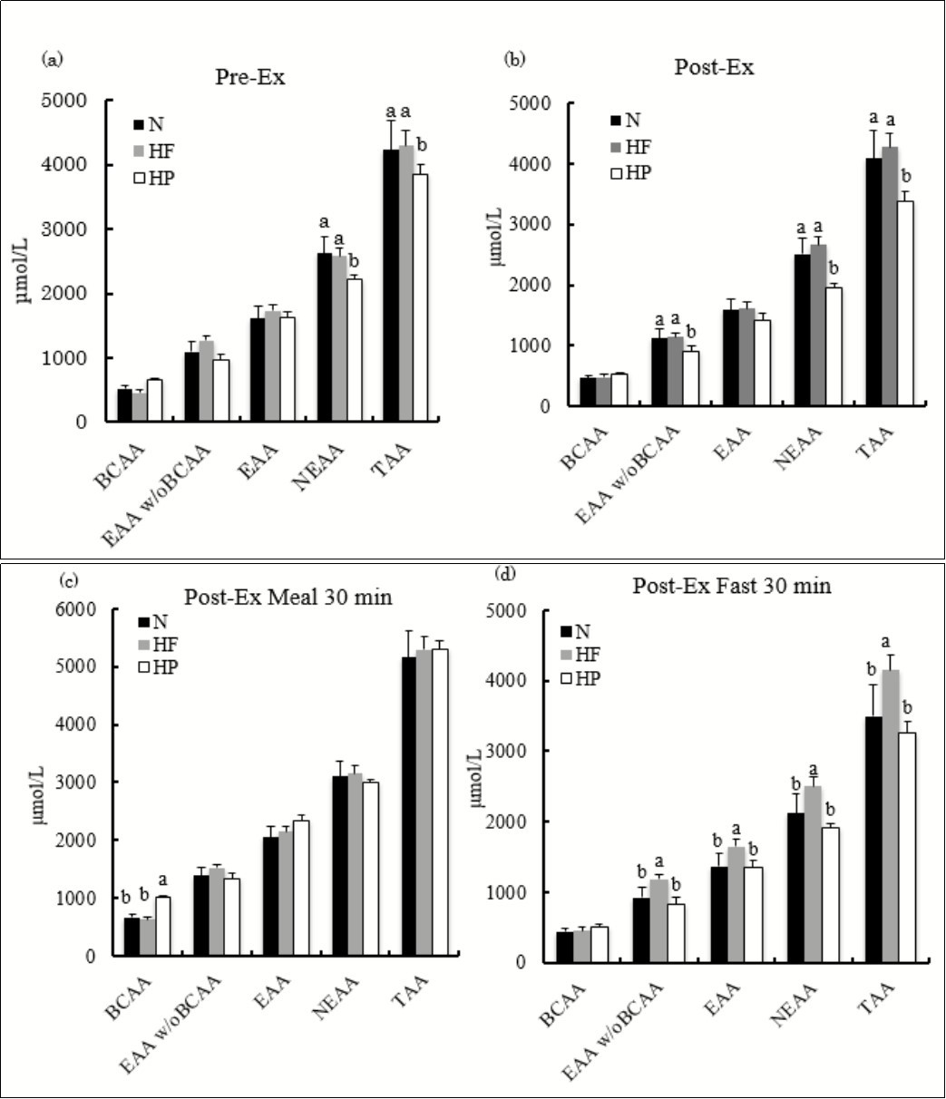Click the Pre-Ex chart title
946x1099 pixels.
(x=250, y=77)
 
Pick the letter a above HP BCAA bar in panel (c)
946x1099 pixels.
(x=164, y=879)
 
